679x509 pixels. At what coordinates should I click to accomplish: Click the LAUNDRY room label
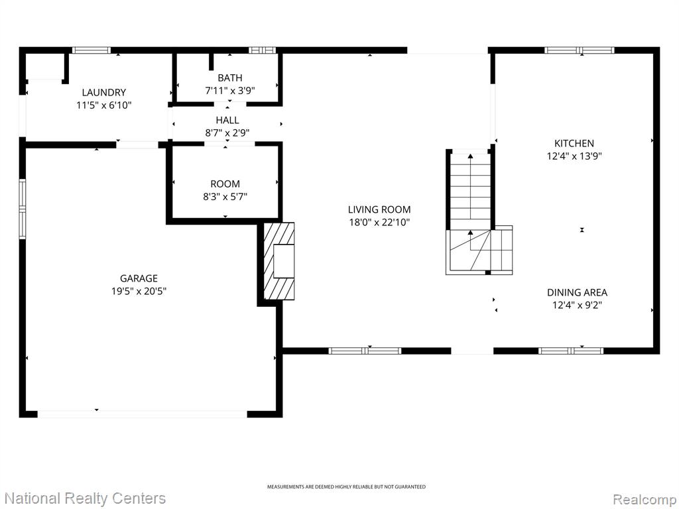pos(104,92)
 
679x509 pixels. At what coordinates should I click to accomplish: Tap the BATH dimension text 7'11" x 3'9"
pos(230,90)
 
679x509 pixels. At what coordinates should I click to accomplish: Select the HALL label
pos(227,120)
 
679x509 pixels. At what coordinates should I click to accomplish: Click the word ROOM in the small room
pos(225,184)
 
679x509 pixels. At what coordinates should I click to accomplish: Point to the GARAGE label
pos(139,278)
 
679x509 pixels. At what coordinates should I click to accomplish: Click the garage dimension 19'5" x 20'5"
pos(139,292)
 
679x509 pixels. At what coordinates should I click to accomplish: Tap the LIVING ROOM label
pos(379,209)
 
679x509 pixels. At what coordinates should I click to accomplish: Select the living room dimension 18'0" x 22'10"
pos(379,223)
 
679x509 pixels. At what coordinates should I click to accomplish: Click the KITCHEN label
pos(574,143)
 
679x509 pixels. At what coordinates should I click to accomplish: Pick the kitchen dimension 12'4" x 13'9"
pos(574,156)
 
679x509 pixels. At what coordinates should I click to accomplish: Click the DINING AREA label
pos(578,292)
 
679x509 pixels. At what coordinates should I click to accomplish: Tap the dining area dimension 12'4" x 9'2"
pos(578,305)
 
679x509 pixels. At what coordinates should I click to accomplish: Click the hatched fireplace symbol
pos(279,261)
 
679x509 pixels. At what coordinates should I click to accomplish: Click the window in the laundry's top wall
pos(91,50)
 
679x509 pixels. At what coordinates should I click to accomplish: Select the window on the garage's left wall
pos(22,209)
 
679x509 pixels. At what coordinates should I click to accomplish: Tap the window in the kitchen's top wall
pos(580,50)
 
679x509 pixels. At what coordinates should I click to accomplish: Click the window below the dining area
pos(571,351)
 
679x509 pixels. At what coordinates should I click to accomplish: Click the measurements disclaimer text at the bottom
pos(346,487)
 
